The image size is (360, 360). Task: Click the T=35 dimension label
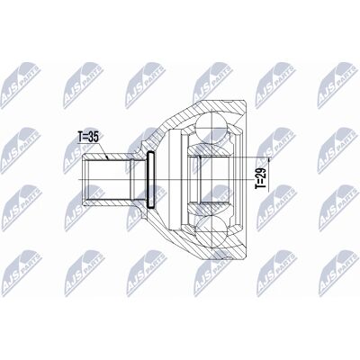pyautogui.click(x=88, y=137)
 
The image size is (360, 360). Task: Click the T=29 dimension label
pyautogui.click(x=260, y=178)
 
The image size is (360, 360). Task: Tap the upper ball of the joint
pyautogui.click(x=211, y=124)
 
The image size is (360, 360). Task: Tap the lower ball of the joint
pyautogui.click(x=211, y=234)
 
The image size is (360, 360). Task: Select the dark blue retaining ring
pyautogui.click(x=150, y=180)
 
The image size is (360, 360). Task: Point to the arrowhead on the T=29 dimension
pyautogui.click(x=268, y=160)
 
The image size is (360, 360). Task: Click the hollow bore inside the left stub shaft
pyautogui.click(x=106, y=179)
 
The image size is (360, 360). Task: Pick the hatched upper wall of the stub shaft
pyautogui.click(x=108, y=157)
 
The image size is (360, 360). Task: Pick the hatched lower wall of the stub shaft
pyautogui.click(x=108, y=202)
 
